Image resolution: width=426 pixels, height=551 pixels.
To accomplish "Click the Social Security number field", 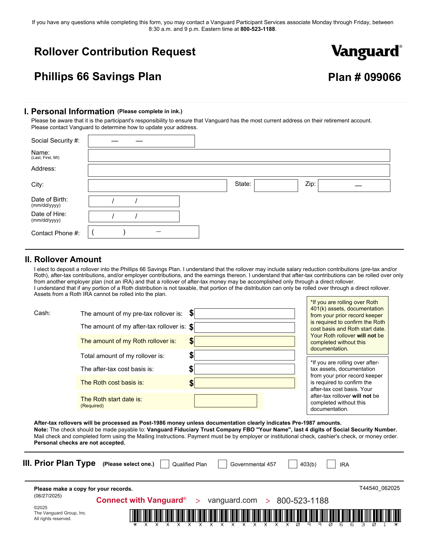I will coord(141,141).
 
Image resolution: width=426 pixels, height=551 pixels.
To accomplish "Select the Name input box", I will coord(239,155).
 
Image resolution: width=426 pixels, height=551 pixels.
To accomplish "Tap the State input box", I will coord(276,186).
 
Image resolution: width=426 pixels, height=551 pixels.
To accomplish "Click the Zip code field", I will coord(354,186).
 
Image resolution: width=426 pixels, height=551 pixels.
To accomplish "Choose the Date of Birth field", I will coord(134,201).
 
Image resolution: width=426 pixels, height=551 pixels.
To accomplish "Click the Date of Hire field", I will coord(134,216).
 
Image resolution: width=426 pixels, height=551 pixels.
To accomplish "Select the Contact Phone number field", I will coord(143,232).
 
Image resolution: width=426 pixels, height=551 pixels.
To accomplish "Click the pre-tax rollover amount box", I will coord(245,314).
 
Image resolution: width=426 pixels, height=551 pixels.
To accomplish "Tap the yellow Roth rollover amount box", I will coord(245,341).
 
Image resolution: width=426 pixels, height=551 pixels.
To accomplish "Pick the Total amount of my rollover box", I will coord(245,355).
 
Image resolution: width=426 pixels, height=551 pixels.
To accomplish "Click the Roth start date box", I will coord(225,401).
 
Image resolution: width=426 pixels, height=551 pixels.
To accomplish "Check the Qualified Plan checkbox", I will coord(165,464).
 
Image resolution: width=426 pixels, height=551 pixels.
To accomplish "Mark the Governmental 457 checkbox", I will coord(223,464).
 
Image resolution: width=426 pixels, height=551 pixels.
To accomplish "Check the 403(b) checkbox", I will coord(293,464).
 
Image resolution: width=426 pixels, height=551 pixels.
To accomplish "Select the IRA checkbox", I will coord(331,464).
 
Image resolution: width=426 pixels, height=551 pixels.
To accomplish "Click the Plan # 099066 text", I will coord(364,77).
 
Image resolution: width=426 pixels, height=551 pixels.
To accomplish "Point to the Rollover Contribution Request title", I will coord(115,52).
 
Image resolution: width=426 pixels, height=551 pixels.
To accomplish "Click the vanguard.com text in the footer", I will coord(232,500).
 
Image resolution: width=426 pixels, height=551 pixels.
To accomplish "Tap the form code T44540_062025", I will coord(379,488).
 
